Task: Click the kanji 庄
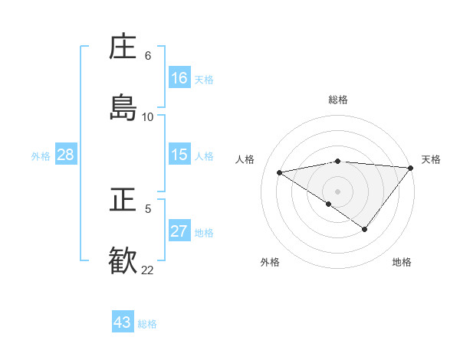coord(123,47)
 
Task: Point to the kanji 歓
coord(123,260)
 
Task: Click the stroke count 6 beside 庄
coord(148,56)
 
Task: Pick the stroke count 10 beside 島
coord(148,117)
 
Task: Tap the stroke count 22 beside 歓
coord(148,270)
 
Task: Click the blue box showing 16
coord(179,78)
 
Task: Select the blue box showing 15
coord(179,155)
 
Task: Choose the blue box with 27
coord(179,231)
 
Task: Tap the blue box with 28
coord(66,155)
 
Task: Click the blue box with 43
coord(123,322)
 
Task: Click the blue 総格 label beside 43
coord(148,324)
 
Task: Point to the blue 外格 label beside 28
coord(41,156)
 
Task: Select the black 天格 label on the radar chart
coord(431,159)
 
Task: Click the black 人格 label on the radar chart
coord(245,159)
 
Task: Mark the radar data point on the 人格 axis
coord(280,172)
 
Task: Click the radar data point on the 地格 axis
coord(365,229)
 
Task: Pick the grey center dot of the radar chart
coord(338,191)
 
